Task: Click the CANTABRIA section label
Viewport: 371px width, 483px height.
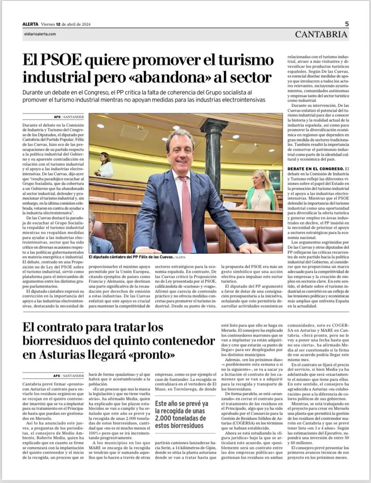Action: (321, 34)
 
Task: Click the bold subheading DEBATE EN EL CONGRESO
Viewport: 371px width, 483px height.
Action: (315, 169)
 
